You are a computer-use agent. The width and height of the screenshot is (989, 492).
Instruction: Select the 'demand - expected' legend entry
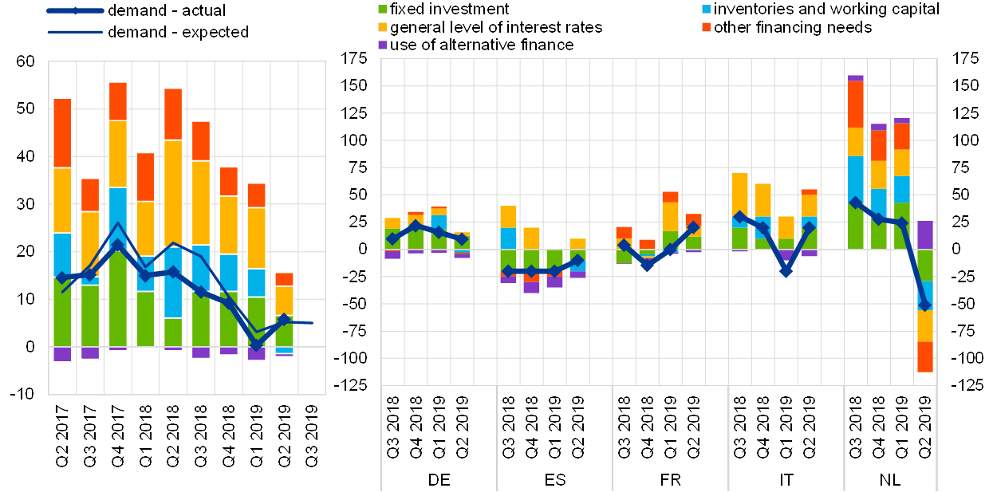coord(176,32)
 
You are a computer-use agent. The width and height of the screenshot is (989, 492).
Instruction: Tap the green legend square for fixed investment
coord(383,9)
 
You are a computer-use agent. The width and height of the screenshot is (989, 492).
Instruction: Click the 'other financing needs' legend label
coord(794,27)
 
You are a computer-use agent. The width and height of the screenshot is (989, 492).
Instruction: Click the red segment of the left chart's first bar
coord(62,133)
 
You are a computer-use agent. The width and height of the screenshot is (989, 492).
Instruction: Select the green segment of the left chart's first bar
coord(62,312)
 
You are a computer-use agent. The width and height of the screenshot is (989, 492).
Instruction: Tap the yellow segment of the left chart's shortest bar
coord(284,300)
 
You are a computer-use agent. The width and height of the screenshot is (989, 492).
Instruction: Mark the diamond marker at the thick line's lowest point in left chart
coord(257,344)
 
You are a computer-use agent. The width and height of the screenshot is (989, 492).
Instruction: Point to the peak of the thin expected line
coord(117,224)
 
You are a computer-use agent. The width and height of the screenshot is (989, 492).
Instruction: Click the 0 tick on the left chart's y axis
coord(31,347)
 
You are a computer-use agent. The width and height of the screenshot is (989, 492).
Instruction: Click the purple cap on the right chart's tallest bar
coord(855,77)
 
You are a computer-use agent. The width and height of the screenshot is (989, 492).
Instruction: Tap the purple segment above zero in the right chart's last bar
coord(924,234)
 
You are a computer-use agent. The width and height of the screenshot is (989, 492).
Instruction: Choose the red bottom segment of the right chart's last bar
coord(924,356)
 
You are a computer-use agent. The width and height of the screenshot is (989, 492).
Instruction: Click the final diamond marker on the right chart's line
coord(924,305)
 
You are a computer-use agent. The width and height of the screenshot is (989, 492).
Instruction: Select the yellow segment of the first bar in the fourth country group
coord(739,194)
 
